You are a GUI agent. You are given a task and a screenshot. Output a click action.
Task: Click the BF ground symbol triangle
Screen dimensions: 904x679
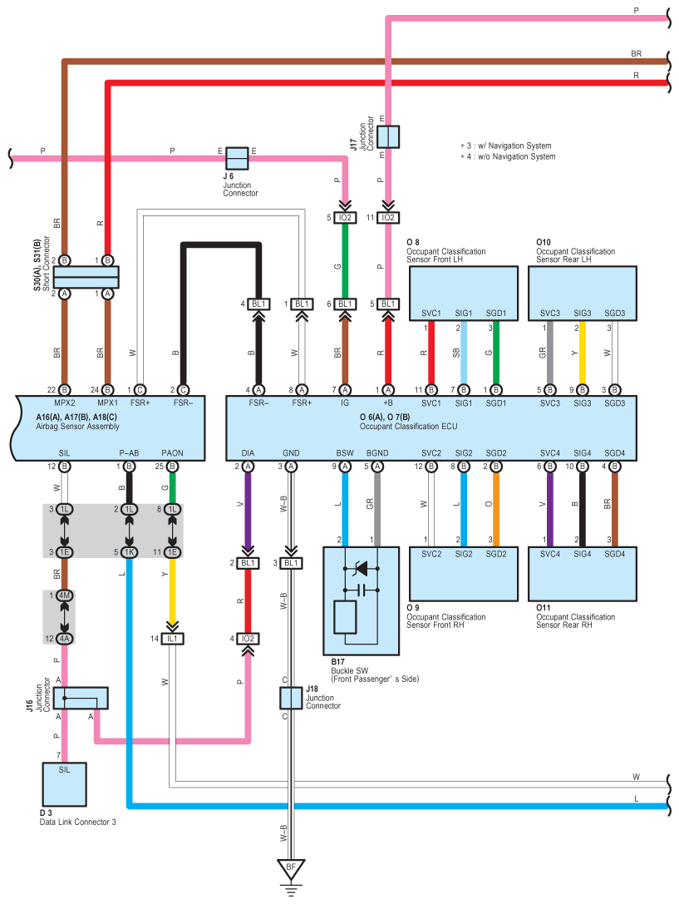291,870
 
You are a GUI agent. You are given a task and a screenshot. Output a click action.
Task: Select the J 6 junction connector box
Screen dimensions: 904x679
238,158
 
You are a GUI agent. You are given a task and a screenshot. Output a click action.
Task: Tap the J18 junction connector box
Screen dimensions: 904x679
291,699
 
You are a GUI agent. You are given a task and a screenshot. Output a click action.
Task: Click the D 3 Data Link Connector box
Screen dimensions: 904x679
65,783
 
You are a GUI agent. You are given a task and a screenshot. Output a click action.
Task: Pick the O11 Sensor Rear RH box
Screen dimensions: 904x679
583,572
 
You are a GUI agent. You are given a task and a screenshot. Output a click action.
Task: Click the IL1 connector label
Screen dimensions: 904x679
173,639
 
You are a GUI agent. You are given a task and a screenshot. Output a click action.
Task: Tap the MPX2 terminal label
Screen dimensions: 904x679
65,403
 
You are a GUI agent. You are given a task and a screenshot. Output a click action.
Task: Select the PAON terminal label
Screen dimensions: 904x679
173,453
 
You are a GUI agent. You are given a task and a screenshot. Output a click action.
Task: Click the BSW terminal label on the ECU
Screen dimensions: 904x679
345,453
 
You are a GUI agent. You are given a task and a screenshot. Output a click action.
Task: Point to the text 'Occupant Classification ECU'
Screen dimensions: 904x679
409,426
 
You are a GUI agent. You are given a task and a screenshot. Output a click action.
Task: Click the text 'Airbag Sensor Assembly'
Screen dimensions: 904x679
78,426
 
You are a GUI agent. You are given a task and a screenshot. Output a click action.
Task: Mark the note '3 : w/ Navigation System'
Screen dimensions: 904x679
508,145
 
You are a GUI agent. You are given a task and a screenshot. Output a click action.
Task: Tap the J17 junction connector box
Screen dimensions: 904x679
388,136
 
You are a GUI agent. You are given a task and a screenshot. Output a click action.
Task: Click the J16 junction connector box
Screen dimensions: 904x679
80,699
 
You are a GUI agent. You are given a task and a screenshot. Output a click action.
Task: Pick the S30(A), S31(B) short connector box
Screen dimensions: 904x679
86,276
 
